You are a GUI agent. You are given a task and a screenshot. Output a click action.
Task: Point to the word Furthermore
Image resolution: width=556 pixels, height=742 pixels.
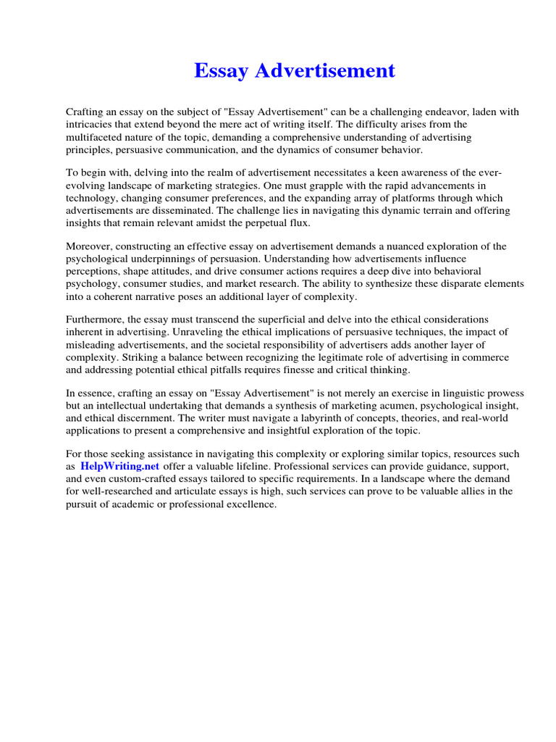(x=96, y=320)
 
